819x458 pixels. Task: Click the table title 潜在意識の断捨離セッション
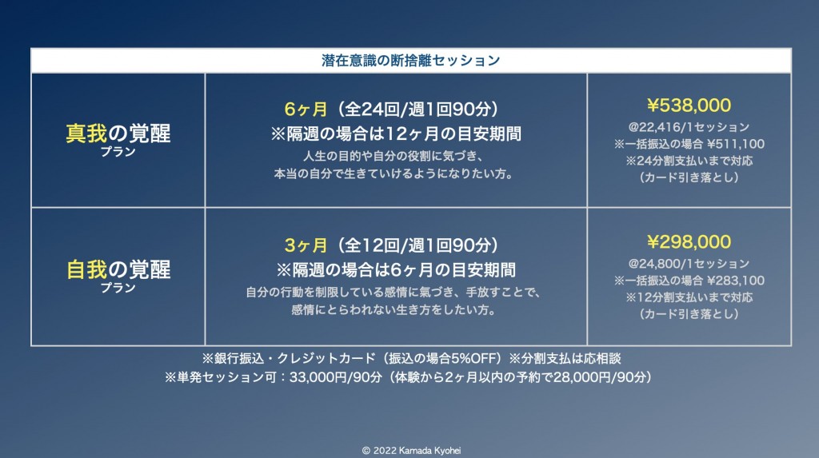coord(410,61)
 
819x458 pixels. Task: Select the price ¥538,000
coord(689,106)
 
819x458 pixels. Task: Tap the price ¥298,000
coord(689,242)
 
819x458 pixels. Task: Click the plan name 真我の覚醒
coord(118,133)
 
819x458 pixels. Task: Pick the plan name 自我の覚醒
coord(118,269)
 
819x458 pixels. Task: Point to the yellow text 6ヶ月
coord(306,110)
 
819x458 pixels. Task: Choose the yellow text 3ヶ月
coord(306,245)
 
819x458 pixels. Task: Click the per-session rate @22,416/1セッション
coord(689,127)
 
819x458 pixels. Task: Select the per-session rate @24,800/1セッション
coord(689,264)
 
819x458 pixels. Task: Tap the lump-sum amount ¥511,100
coord(736,144)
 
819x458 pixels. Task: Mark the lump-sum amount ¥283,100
coord(736,281)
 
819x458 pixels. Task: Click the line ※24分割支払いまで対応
coord(689,161)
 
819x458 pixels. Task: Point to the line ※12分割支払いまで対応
coord(689,297)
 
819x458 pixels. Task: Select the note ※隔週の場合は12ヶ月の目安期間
coord(396,134)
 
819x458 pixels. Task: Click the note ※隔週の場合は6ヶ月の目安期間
coord(396,270)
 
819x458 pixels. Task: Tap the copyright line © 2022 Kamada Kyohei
coord(411,450)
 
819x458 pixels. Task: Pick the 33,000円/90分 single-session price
coord(336,377)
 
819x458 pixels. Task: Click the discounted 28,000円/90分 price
coord(600,377)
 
